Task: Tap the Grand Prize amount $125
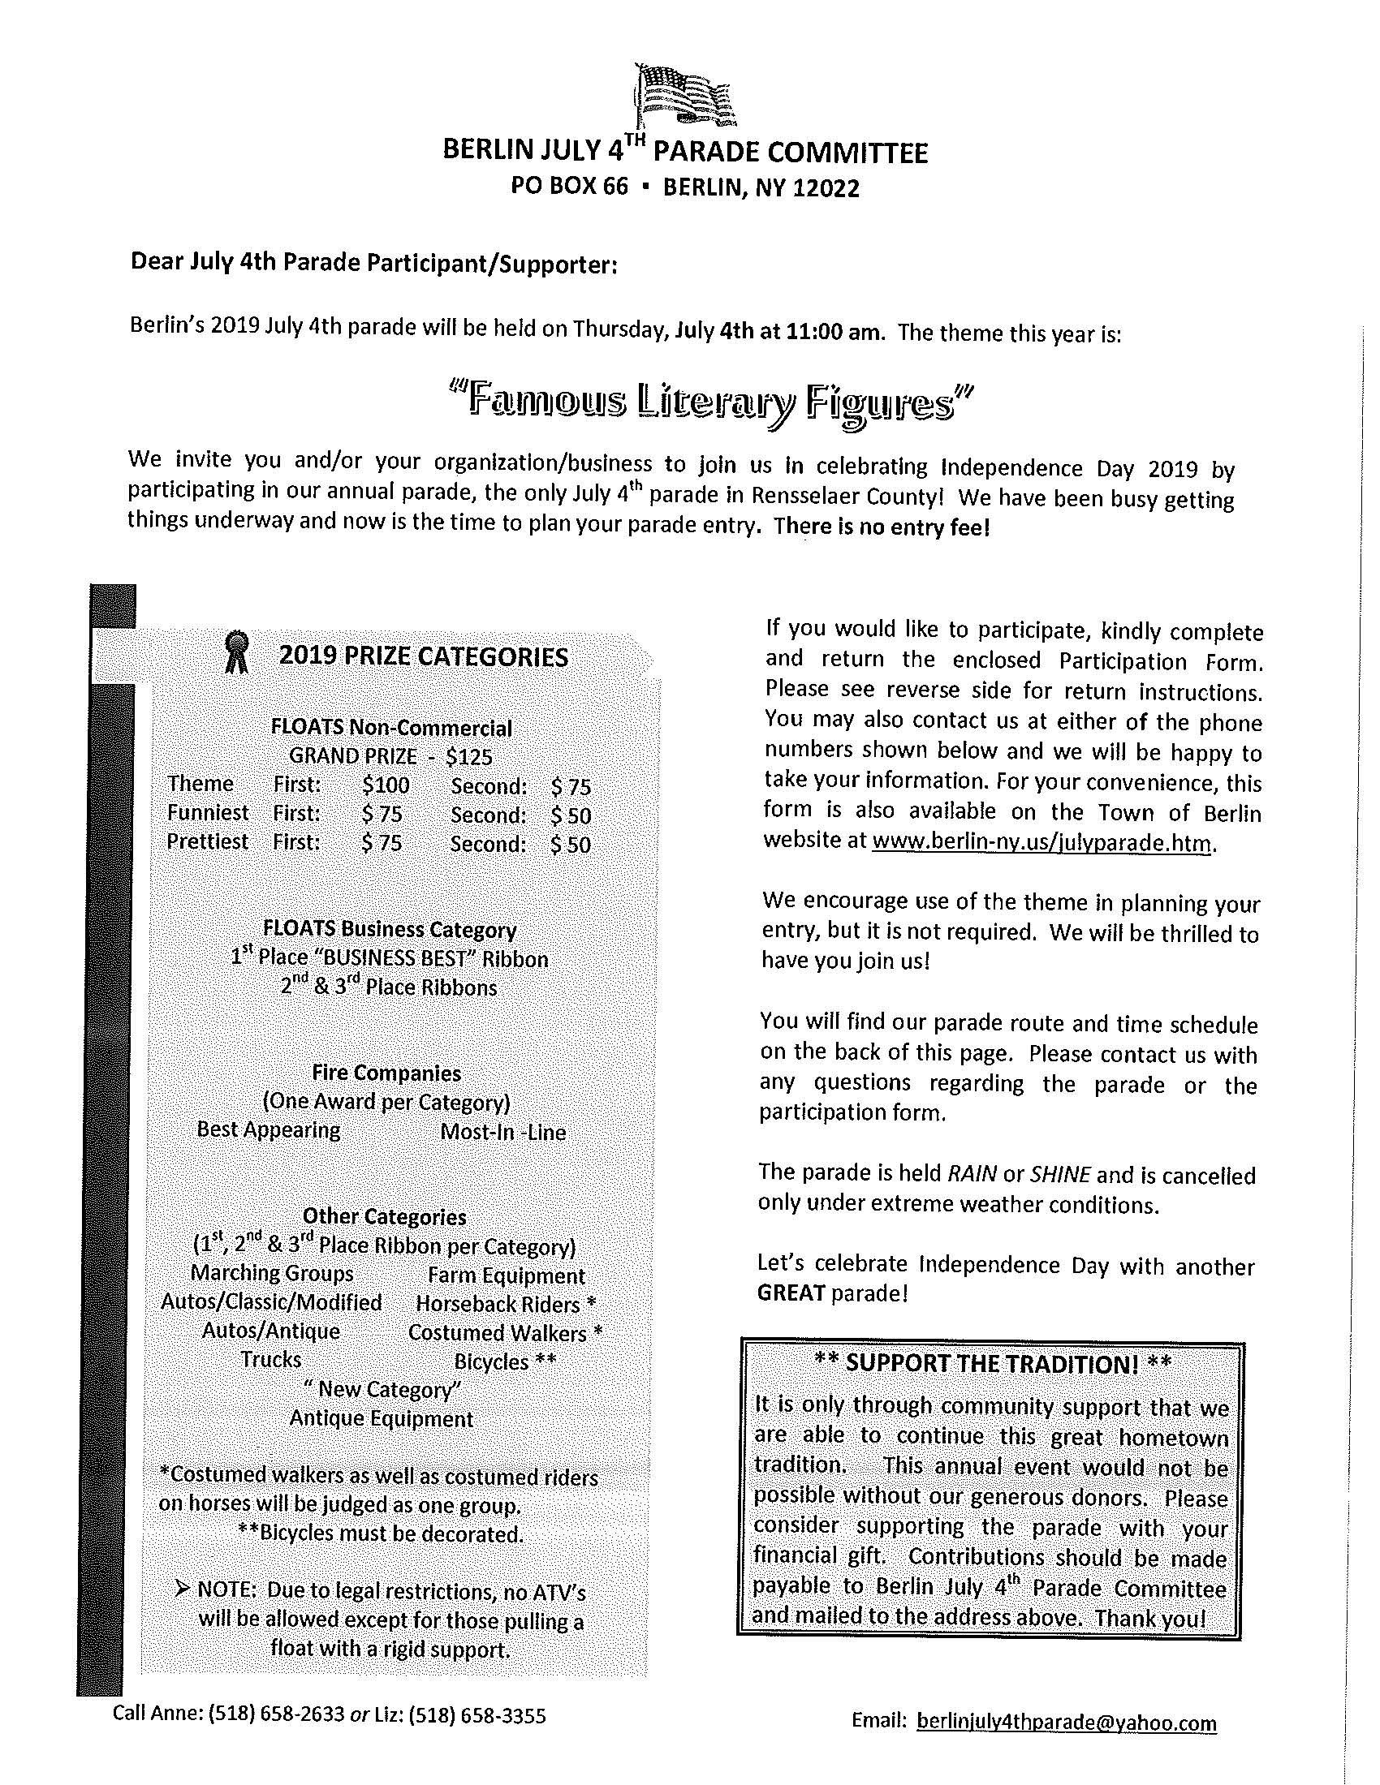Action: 469,757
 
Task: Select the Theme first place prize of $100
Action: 385,785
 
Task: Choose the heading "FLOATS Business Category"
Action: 389,929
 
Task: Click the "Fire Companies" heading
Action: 386,1073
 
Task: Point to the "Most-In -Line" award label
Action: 502,1132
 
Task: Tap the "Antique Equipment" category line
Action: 381,1418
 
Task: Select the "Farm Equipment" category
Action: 505,1275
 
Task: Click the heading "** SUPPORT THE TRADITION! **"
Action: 993,1363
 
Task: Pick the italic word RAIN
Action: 971,1175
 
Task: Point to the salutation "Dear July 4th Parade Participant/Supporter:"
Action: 373,265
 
